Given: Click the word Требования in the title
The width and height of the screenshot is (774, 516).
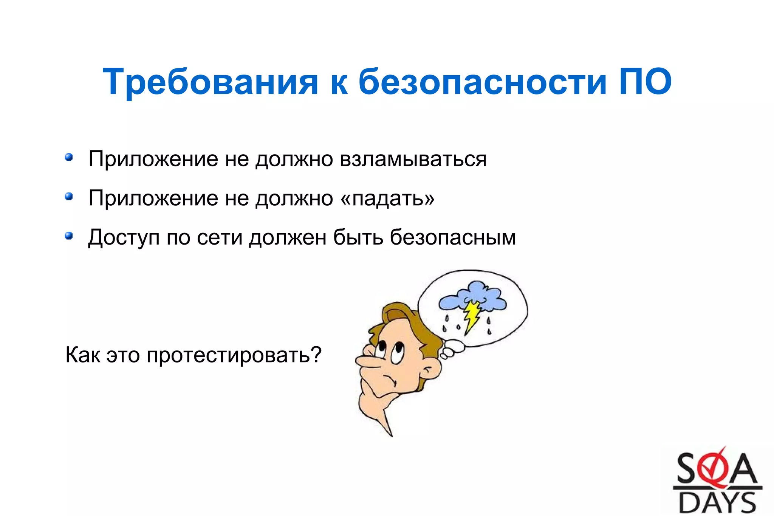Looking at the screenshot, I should tap(210, 82).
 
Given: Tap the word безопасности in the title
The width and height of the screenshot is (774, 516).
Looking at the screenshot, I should tap(482, 82).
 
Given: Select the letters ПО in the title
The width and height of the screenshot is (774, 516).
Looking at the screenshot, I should tap(645, 82).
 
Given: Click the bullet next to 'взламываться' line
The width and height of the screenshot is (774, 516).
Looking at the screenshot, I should tap(69, 157).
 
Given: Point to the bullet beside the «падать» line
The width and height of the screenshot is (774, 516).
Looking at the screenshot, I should tap(69, 197).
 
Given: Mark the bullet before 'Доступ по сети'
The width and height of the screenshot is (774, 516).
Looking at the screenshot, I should tap(69, 236).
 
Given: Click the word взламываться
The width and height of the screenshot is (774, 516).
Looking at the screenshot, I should tap(413, 159).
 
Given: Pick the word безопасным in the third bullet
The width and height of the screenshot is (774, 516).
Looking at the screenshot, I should tap(453, 237).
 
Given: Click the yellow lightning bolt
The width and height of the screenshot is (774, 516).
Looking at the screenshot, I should tap(472, 316).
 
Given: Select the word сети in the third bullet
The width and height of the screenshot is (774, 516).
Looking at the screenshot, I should tap(219, 238).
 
